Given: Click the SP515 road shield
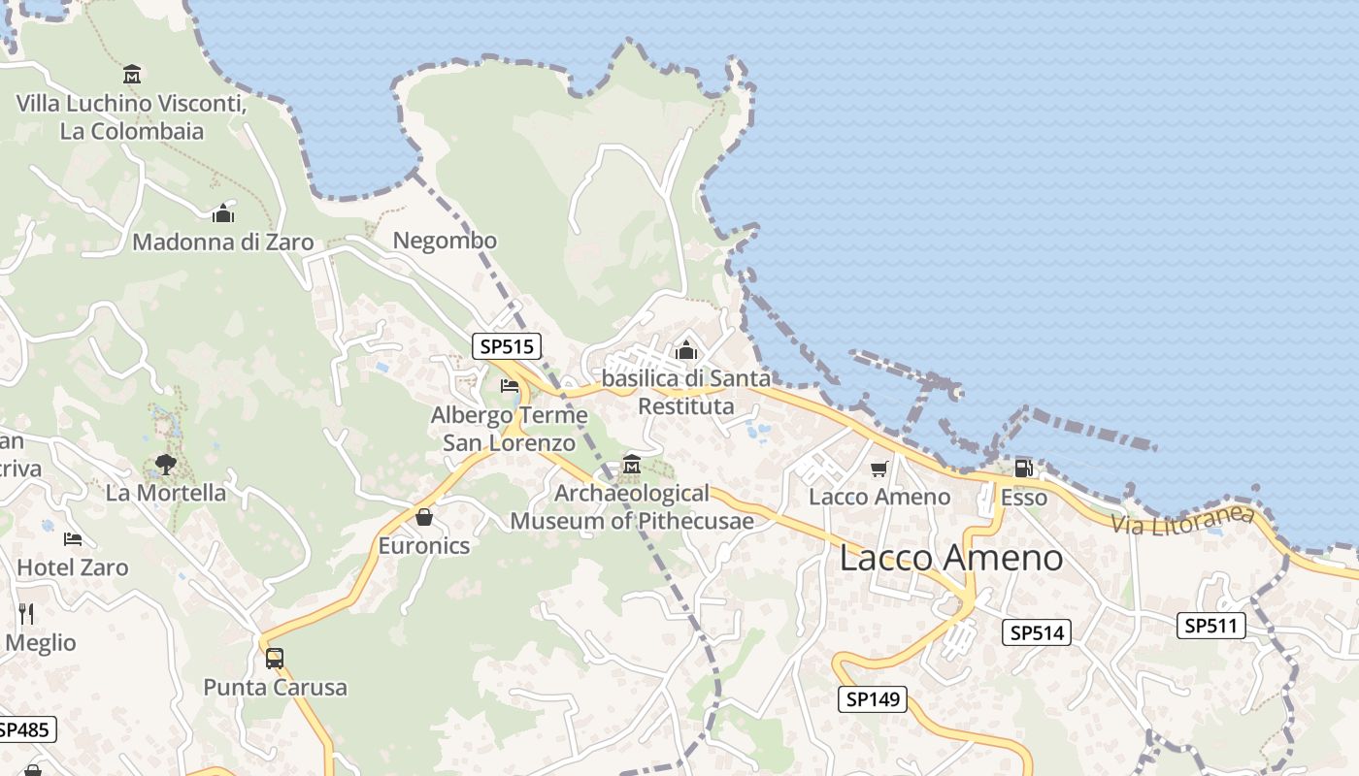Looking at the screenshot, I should coord(506,346).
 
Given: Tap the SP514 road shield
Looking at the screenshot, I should coord(1037,633).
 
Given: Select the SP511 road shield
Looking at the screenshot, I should coord(1210,626).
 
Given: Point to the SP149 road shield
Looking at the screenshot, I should coord(873,698).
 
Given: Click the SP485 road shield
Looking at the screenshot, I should coord(25,729).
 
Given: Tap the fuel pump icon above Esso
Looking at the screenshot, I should coord(1023,469).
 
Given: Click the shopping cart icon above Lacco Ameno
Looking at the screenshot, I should coord(878,469).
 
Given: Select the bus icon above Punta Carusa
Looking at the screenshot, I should coord(275,659).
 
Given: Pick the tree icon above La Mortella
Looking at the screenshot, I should coord(166,464).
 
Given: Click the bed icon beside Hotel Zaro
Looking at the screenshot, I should coord(73,539).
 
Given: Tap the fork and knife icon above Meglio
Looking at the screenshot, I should coord(26,613).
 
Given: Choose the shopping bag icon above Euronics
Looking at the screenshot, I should coord(424,517).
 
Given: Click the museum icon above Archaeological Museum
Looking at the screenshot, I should coord(632,465).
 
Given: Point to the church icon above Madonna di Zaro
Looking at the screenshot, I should coord(223,213).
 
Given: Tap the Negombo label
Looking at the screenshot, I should coord(445,241).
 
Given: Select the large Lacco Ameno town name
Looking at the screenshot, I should coord(950,558).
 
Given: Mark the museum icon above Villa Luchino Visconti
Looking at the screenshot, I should coord(132,74).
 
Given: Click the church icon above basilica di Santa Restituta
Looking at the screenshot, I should coord(686,349).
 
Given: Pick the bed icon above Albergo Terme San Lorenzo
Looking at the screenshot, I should coord(510,386).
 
